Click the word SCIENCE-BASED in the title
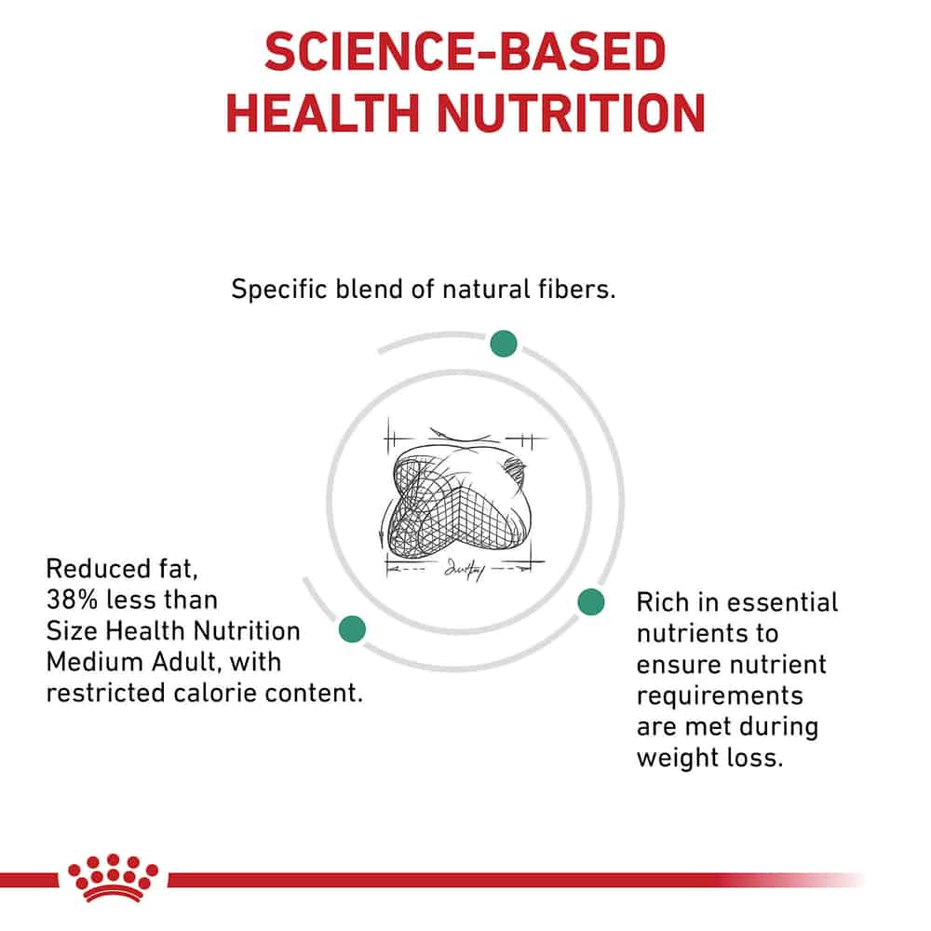(x=465, y=51)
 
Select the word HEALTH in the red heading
(x=323, y=113)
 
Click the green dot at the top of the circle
(x=504, y=344)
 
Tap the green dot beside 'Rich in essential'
(x=591, y=602)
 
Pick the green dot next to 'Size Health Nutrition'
(x=352, y=629)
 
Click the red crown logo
(x=113, y=878)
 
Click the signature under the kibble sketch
(x=465, y=570)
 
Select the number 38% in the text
(x=72, y=600)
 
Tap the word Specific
(x=279, y=290)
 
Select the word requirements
(x=720, y=696)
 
